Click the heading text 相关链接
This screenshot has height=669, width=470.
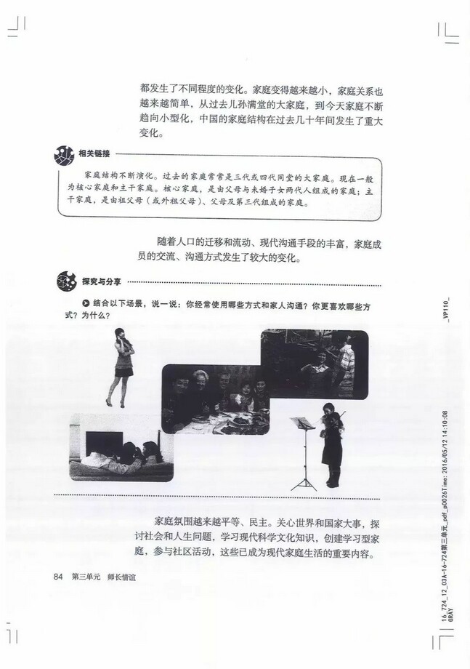[94, 153]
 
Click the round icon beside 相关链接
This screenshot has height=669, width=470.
[64, 154]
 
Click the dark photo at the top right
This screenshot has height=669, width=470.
[315, 362]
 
